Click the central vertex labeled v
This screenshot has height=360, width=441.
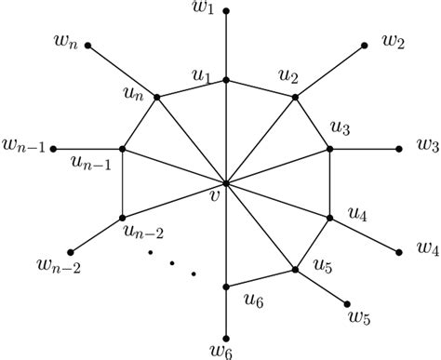tap(226, 183)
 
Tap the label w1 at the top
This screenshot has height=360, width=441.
tap(226, 11)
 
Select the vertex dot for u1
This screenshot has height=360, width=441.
tap(226, 81)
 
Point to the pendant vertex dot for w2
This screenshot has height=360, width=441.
tap(366, 45)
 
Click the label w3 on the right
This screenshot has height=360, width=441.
tap(427, 147)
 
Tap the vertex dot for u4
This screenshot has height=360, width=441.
tap(329, 218)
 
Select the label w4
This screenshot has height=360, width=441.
tap(428, 248)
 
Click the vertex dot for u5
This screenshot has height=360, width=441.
tap(295, 270)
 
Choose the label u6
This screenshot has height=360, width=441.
tap(254, 298)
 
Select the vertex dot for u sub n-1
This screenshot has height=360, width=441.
tap(123, 149)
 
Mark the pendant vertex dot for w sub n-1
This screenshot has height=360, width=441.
tap(53, 149)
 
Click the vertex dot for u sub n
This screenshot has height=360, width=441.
tap(156, 97)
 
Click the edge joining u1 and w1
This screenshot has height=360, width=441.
tap(226, 47)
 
